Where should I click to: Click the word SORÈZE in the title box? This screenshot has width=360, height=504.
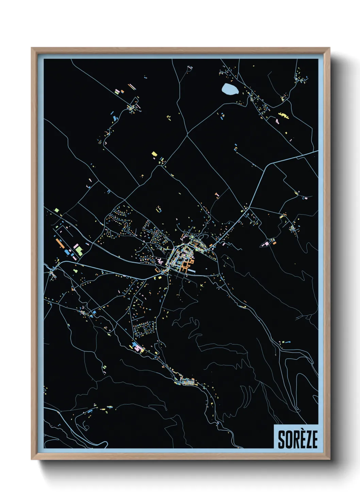[x=297, y=439]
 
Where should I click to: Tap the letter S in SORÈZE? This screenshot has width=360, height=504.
[x=281, y=439]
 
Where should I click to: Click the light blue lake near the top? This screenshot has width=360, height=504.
[x=230, y=90]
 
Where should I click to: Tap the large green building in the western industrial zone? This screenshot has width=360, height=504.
[x=79, y=251]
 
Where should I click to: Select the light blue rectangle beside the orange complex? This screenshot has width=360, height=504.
[x=191, y=271]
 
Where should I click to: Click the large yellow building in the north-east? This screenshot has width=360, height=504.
[x=283, y=116]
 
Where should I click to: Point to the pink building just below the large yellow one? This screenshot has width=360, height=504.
[x=278, y=121]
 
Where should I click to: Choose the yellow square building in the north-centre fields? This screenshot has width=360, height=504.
[x=154, y=154]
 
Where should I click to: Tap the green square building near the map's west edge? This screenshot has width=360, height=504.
[x=56, y=210]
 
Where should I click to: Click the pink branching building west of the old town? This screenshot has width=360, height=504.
[x=159, y=261]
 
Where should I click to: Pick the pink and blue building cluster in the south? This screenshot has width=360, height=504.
[x=138, y=347]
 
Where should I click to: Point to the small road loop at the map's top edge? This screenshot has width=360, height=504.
[x=189, y=68]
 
